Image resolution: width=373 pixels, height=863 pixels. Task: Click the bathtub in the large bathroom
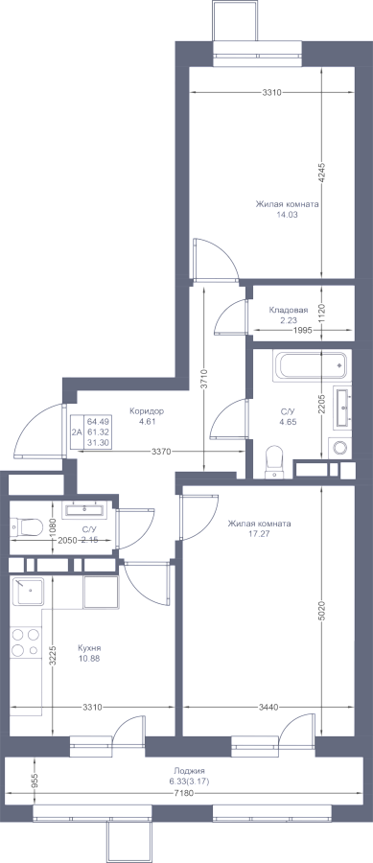(312, 366)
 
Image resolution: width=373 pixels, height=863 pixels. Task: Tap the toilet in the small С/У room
(27, 527)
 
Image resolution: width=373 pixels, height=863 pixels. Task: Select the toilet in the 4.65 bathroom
(273, 460)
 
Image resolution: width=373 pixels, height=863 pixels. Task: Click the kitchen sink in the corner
(28, 592)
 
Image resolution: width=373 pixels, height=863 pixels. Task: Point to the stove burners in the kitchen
(26, 642)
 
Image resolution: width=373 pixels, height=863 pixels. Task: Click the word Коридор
(147, 410)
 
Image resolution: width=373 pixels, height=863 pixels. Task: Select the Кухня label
(90, 648)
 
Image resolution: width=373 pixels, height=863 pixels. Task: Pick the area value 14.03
(287, 215)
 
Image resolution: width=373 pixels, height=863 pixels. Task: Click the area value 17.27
(260, 533)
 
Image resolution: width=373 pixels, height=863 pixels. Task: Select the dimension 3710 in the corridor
(204, 379)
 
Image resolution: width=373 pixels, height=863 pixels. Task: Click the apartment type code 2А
(77, 432)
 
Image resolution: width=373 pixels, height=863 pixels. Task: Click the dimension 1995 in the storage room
(302, 330)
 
